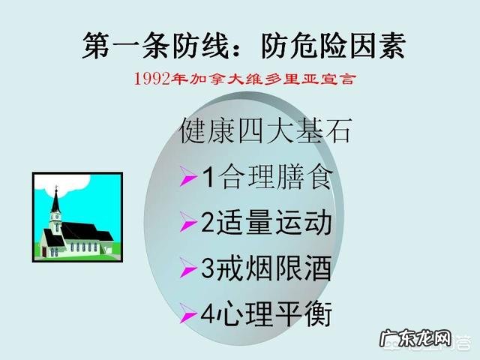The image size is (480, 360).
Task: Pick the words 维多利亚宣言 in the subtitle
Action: coord(307,77)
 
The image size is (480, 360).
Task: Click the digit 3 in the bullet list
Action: coord(209,267)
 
